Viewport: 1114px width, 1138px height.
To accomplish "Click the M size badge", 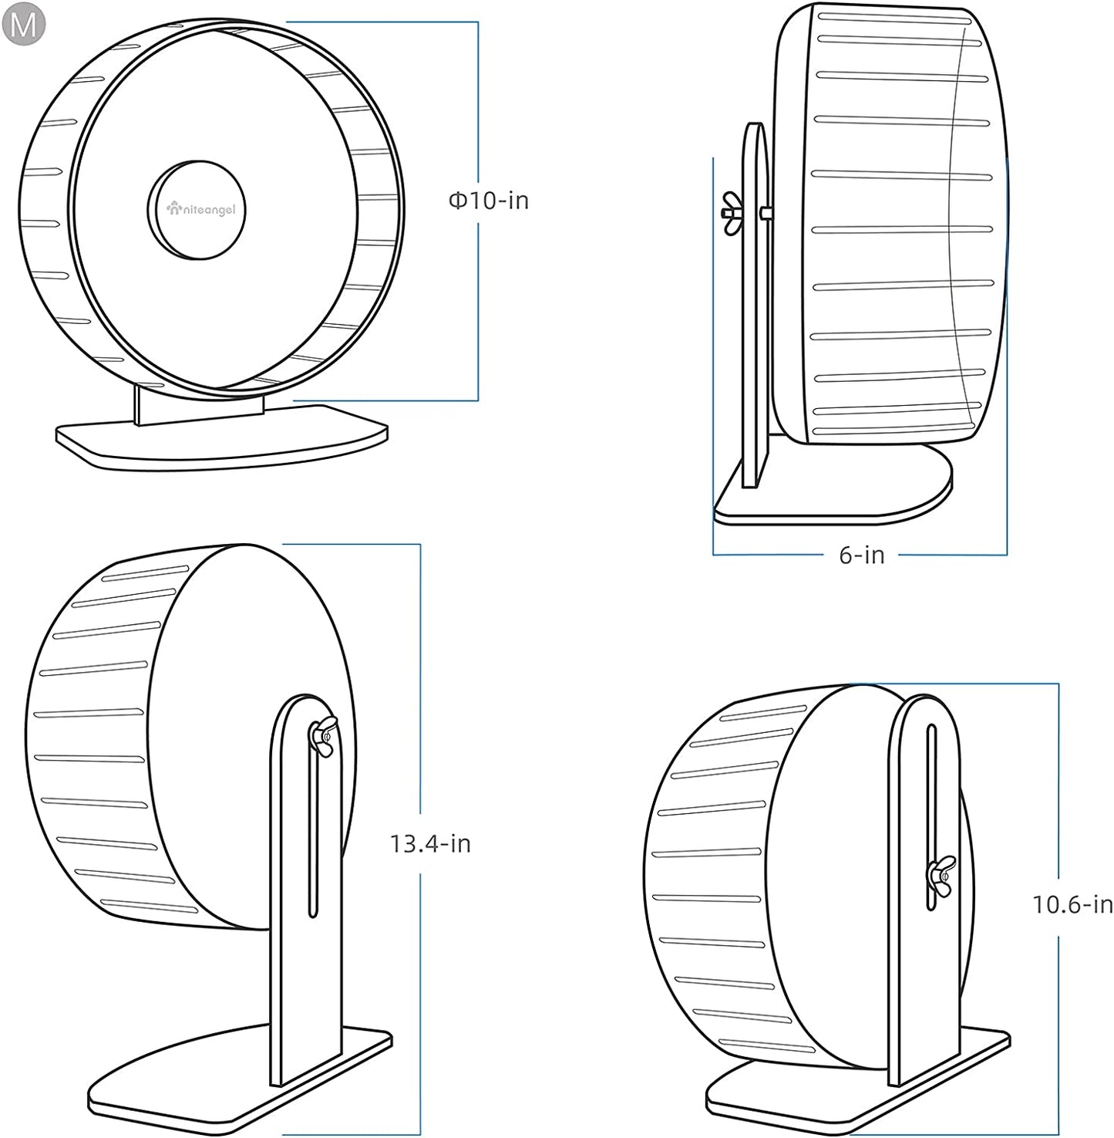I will tap(24, 25).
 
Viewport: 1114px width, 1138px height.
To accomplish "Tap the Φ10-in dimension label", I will tap(489, 201).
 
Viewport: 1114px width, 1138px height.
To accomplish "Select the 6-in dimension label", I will tap(861, 555).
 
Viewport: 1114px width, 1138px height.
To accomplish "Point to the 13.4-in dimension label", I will tap(430, 843).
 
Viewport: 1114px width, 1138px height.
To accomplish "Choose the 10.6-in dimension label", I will tap(1072, 903).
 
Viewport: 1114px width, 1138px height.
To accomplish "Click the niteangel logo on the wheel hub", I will tap(201, 208).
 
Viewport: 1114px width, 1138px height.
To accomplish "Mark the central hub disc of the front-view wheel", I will tap(196, 210).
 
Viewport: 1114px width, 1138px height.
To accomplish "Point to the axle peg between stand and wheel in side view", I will tap(766, 213).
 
